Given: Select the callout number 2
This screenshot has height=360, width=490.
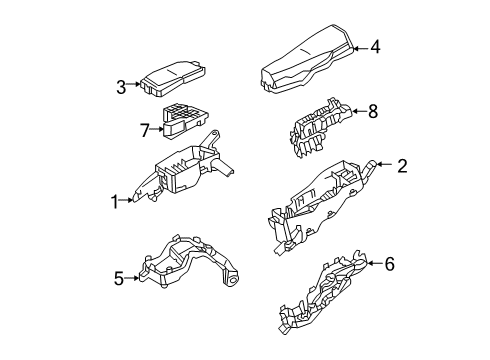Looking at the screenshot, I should click(401, 166).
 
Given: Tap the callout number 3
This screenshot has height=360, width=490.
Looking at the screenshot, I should click(120, 87).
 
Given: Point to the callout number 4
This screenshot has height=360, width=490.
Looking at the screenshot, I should click(375, 46).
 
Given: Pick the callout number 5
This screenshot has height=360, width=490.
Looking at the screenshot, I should click(119, 279).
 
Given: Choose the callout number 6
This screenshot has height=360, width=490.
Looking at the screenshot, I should click(389, 264).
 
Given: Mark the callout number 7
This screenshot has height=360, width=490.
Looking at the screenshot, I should click(144, 129).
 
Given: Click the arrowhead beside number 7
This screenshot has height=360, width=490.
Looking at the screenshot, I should click(160, 129).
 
